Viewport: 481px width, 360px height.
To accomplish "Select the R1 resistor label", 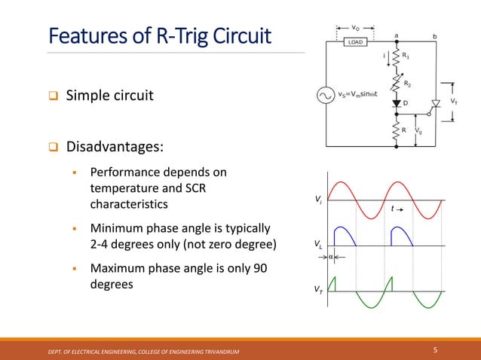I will (406, 56).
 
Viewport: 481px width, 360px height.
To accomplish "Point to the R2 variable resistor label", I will (408, 84).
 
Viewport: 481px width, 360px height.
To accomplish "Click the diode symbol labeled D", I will (396, 103).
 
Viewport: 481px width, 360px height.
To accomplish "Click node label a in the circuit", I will (396, 34).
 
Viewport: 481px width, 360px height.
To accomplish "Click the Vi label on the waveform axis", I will (317, 200).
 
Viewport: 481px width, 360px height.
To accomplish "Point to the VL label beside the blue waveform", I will (317, 245).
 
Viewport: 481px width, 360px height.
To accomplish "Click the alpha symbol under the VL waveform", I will (330, 256).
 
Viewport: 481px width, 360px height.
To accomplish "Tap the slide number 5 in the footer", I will (436, 349).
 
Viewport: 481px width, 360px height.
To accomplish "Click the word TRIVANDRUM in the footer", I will (223, 352).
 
